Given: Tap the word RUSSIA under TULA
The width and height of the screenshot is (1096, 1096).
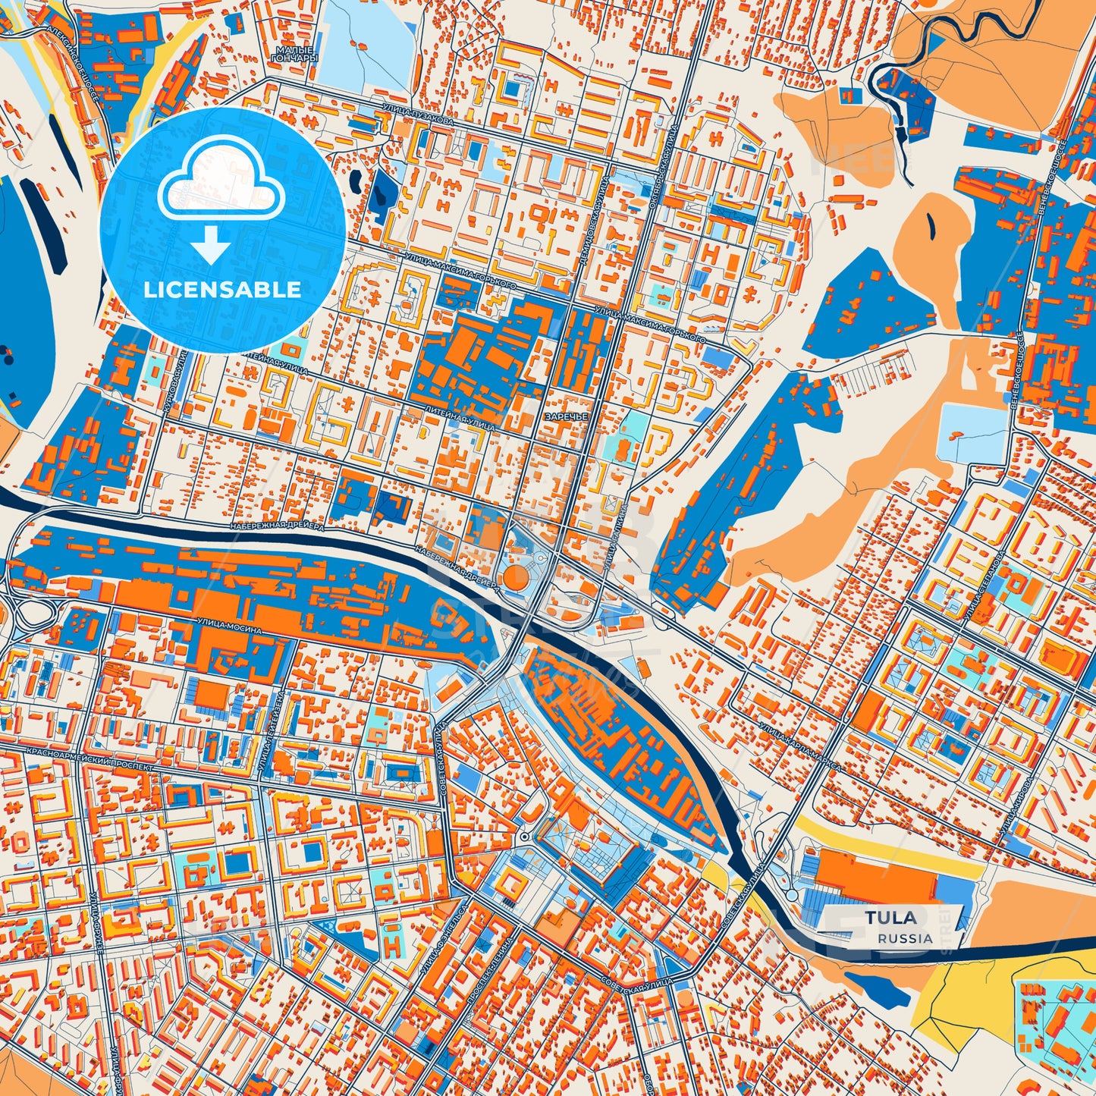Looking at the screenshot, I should pyautogui.click(x=905, y=938).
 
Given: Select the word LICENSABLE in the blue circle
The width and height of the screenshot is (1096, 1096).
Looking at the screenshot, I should pyautogui.click(x=222, y=290).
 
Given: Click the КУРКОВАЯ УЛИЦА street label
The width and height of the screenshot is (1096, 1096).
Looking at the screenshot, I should pyautogui.click(x=174, y=383).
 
